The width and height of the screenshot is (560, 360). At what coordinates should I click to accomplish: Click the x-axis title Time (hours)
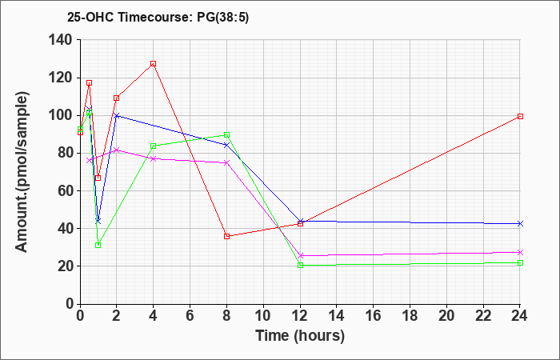click(300, 335)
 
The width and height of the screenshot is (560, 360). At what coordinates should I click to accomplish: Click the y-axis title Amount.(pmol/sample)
click(23, 170)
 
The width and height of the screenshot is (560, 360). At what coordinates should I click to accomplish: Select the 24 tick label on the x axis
click(520, 316)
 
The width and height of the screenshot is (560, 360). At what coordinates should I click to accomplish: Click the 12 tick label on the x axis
click(300, 316)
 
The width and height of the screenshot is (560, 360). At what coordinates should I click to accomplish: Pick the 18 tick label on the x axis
click(410, 316)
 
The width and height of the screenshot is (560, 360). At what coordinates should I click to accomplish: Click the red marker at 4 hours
click(153, 63)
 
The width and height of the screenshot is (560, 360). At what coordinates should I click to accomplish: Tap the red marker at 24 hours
click(520, 116)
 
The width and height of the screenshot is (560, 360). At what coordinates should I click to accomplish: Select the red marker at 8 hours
click(227, 236)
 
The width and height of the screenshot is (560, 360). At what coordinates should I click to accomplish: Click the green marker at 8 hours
click(227, 135)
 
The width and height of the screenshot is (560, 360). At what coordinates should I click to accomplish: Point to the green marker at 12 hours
click(300, 265)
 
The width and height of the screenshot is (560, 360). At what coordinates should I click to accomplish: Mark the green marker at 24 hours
click(520, 262)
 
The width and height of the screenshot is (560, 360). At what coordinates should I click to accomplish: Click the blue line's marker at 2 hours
click(117, 115)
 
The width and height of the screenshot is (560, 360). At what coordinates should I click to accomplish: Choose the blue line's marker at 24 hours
click(520, 223)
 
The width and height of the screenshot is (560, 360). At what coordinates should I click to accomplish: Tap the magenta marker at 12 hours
click(300, 256)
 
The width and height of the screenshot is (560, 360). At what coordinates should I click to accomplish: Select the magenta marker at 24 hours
click(520, 252)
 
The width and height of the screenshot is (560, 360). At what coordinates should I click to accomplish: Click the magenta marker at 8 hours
click(227, 162)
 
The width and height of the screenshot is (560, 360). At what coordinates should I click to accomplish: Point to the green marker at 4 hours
click(153, 146)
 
